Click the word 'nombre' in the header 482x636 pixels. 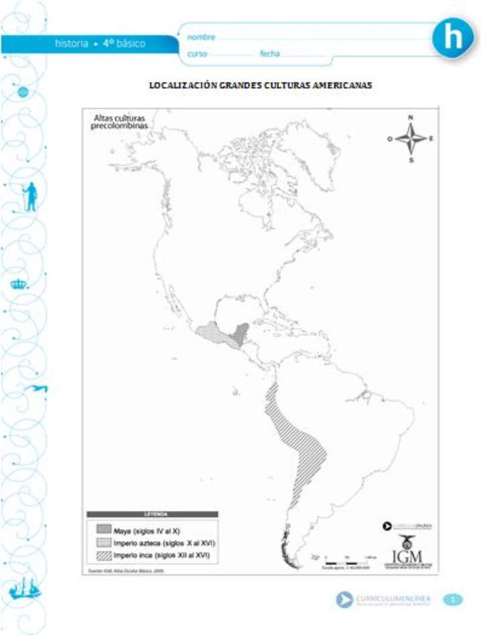[x=201, y=37]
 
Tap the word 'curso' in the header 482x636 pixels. [x=197, y=54]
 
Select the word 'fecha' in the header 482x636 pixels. [x=270, y=54]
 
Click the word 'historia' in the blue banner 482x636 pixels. [x=72, y=44]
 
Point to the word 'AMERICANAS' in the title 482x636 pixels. [x=338, y=86]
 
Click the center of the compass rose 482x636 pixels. [x=410, y=139]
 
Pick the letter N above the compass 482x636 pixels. [x=410, y=118]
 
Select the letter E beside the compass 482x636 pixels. [x=431, y=139]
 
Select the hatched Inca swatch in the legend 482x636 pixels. [x=103, y=555]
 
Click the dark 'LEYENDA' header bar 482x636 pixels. [x=152, y=514]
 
